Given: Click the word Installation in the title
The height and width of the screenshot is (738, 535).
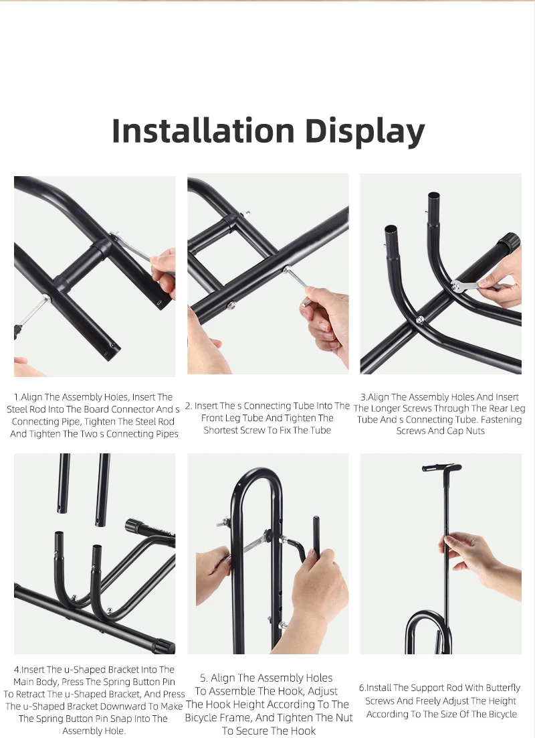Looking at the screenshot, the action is (x=203, y=131).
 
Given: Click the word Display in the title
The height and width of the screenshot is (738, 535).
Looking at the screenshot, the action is (x=365, y=132).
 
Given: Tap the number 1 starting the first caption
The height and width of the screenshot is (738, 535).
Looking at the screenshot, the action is (x=16, y=397).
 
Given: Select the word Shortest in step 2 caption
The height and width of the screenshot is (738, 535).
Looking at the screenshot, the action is (x=221, y=430).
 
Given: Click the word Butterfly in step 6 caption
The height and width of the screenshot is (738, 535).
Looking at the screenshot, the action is (x=503, y=688).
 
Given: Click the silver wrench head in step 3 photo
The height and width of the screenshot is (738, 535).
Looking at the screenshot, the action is (x=457, y=287).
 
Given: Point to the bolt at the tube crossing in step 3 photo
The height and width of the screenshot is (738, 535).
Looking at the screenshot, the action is (x=420, y=319).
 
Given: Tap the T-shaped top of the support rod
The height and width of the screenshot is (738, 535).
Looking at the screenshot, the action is (x=441, y=467).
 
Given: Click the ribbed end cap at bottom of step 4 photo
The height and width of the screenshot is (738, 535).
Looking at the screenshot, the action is (x=163, y=646).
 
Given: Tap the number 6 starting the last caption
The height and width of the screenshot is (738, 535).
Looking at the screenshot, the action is (x=362, y=688).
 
